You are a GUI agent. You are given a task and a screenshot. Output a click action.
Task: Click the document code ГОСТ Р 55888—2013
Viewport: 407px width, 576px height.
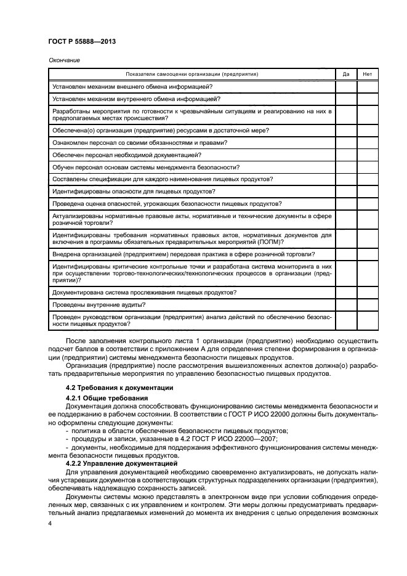click(82, 41)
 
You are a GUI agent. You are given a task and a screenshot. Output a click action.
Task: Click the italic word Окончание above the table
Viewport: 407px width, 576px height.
click(63, 60)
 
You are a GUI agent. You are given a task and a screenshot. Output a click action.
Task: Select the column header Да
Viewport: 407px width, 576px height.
click(346, 74)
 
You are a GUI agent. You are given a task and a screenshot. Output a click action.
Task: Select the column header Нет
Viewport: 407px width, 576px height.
click(368, 74)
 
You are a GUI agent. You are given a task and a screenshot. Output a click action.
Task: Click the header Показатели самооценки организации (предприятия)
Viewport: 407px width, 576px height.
click(191, 74)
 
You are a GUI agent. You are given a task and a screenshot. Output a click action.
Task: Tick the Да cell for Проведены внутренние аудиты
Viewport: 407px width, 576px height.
click(346, 304)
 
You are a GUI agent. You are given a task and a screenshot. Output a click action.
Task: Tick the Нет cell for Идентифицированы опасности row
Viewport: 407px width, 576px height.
click(368, 191)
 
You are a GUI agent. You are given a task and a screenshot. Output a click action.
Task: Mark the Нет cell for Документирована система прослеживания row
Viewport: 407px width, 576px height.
click(368, 292)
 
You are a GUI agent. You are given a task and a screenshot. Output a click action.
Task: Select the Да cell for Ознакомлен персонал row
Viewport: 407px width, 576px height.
click(346, 142)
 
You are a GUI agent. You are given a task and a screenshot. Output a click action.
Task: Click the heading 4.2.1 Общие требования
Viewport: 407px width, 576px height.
click(103, 399)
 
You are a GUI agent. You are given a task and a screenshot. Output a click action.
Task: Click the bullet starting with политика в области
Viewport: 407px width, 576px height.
click(169, 430)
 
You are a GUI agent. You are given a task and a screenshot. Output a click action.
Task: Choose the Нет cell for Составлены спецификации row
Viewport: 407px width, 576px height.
click(368, 179)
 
